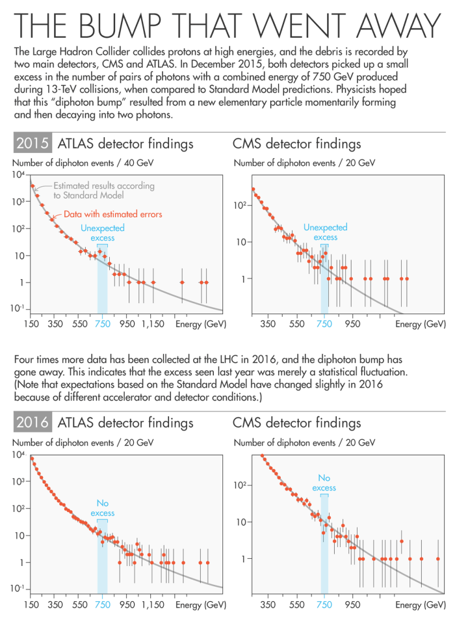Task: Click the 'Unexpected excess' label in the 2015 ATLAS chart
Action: pos(102,233)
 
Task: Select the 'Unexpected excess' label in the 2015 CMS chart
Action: pos(325,232)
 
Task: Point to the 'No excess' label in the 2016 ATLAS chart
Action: pos(102,508)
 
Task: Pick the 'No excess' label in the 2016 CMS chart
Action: pos(324,483)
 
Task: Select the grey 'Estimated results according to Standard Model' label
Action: pos(104,190)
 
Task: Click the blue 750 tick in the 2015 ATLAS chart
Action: pos(102,323)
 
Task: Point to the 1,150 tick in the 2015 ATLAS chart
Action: pos(154,323)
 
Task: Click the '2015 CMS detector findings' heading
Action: pos(296,144)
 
